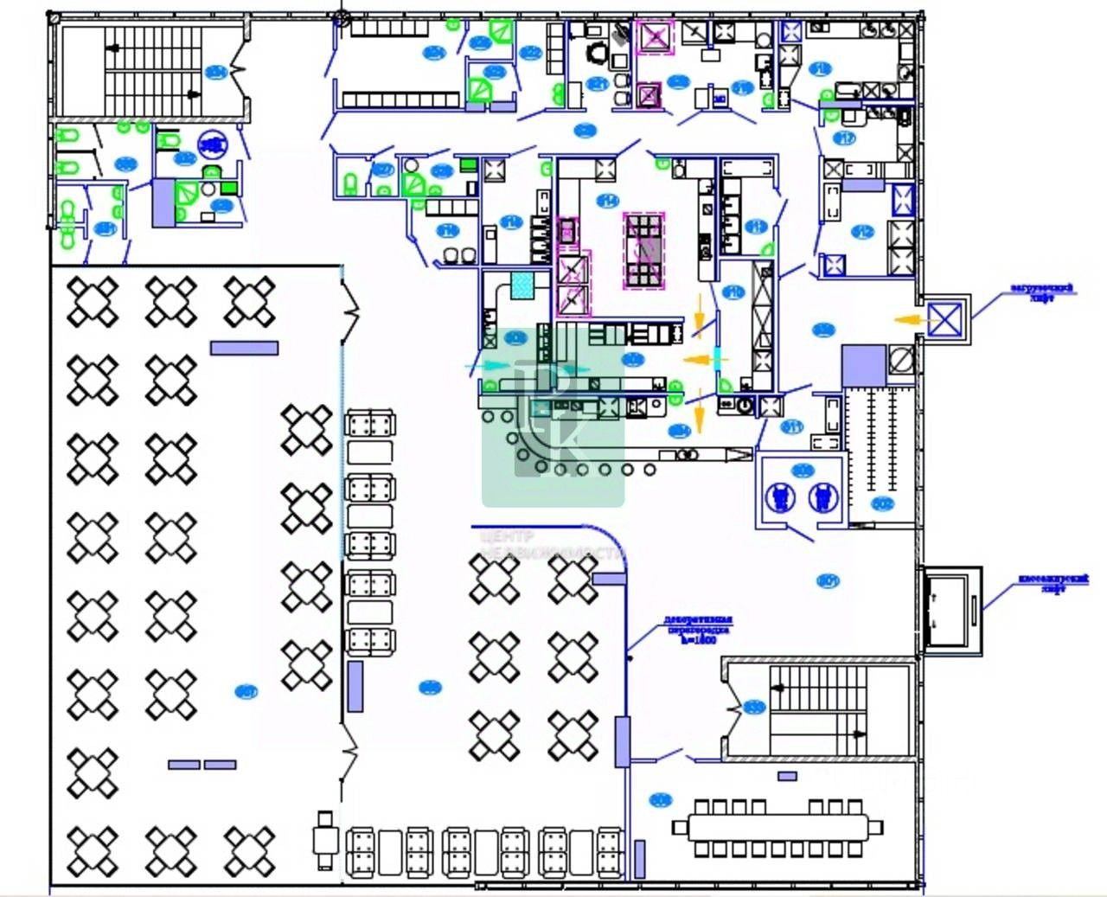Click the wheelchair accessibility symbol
(x=211, y=144)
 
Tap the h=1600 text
(x=699, y=641)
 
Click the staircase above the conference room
(x=817, y=710)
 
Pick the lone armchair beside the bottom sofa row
(x=325, y=838)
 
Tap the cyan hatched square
(x=523, y=285)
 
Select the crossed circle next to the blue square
(x=901, y=360)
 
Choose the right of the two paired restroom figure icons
(x=822, y=497)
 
